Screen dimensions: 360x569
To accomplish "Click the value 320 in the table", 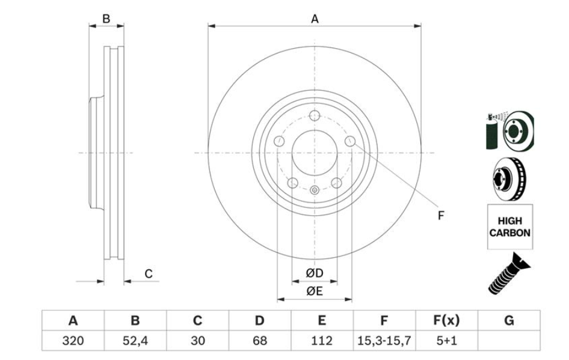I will click(73, 341).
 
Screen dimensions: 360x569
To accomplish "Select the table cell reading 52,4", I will click(135, 341).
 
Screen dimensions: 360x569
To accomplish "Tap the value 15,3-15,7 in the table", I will click(384, 341).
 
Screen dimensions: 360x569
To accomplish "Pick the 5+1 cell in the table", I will click(446, 341).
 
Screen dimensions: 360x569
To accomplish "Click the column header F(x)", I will click(446, 321).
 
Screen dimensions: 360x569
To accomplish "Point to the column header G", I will click(509, 321).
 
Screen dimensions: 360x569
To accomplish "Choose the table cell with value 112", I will click(322, 341).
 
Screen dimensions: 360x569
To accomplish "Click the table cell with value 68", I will click(260, 341).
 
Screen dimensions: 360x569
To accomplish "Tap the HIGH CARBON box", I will click(509, 227).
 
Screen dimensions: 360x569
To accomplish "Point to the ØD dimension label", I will click(314, 273).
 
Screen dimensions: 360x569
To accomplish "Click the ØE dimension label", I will click(314, 292).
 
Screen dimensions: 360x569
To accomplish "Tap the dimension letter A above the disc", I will click(314, 19).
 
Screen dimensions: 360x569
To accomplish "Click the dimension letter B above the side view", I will click(106, 19).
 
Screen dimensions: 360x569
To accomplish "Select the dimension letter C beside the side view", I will click(149, 274).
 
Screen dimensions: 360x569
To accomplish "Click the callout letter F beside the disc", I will click(441, 215).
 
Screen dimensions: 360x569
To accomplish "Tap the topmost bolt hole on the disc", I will click(314, 117).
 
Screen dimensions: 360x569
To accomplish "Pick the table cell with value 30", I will click(197, 341).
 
